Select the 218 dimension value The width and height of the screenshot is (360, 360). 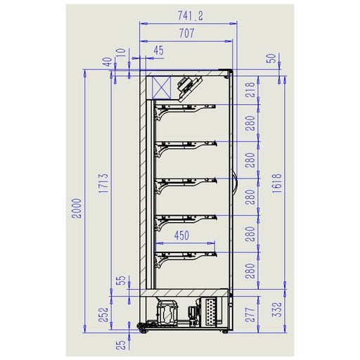pyautogui.click(x=250, y=89)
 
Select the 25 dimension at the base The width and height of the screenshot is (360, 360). pyautogui.click(x=122, y=344)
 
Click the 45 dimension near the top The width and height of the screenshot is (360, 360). pyautogui.click(x=158, y=50)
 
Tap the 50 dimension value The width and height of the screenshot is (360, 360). pyautogui.click(x=271, y=59)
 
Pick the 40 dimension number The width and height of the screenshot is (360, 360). pyautogui.click(x=106, y=63)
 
